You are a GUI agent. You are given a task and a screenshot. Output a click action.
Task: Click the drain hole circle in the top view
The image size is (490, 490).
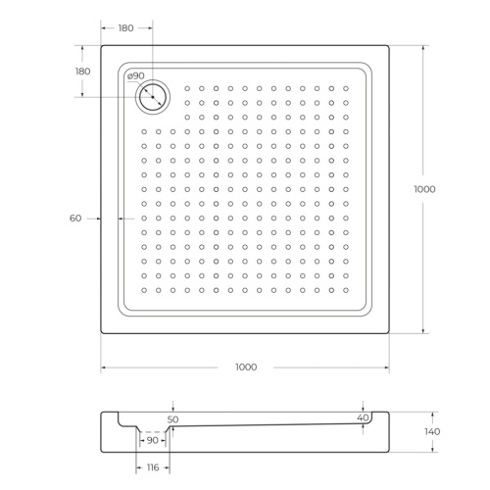(x=153, y=96)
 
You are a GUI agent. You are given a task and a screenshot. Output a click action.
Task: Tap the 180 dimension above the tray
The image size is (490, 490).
(x=125, y=28)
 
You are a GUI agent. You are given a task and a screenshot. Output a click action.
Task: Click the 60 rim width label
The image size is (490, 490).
(x=75, y=218)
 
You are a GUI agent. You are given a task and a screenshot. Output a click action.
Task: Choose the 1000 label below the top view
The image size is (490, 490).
(x=245, y=367)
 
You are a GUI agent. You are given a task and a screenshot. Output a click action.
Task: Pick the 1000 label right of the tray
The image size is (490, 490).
(x=423, y=189)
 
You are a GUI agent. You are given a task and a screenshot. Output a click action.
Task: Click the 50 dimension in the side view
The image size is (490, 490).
(x=173, y=419)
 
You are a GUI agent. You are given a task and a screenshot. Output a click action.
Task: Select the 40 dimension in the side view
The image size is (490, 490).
(x=364, y=418)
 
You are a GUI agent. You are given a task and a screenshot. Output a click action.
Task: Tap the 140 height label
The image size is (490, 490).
(x=433, y=432)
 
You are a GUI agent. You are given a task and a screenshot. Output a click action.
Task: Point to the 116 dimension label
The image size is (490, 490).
(x=152, y=469)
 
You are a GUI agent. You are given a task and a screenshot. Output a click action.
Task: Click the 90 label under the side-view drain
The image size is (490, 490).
(x=153, y=441)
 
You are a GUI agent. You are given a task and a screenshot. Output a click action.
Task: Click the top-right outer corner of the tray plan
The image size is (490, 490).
(x=389, y=44)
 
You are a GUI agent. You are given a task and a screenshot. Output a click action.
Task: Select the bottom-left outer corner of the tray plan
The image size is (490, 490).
(x=101, y=333)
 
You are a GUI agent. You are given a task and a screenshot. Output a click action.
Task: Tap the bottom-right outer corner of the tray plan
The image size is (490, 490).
(x=389, y=333)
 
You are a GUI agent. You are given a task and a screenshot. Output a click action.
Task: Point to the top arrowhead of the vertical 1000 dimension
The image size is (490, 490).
(x=423, y=47)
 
